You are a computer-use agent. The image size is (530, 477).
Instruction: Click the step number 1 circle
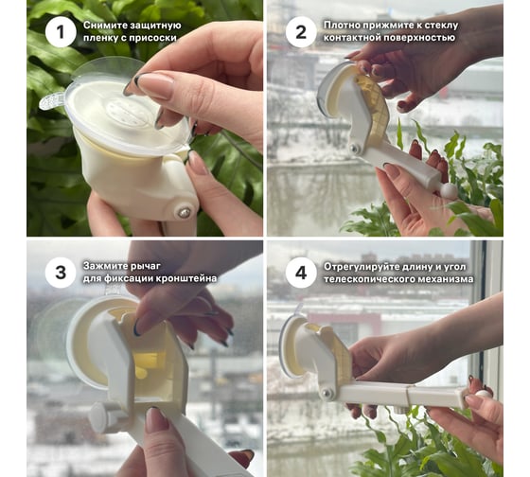(x=61, y=32)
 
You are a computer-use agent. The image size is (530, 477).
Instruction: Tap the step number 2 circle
(x=301, y=32)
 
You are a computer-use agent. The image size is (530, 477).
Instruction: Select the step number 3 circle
(x=61, y=273)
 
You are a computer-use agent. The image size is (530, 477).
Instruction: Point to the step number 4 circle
(x=301, y=273)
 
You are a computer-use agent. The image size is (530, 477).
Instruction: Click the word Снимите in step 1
(x=100, y=26)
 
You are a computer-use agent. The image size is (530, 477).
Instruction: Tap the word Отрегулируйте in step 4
(x=362, y=267)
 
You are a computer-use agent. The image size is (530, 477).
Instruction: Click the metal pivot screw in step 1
(x=184, y=213)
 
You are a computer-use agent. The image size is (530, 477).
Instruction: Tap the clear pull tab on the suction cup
(x=51, y=101)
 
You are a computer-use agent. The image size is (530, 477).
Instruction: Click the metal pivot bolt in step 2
(x=354, y=148)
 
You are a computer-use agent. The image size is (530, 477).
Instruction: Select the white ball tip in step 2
(x=447, y=190)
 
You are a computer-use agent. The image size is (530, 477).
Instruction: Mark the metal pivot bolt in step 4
(x=327, y=394)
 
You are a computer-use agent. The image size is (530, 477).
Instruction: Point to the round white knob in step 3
(x=98, y=417)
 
